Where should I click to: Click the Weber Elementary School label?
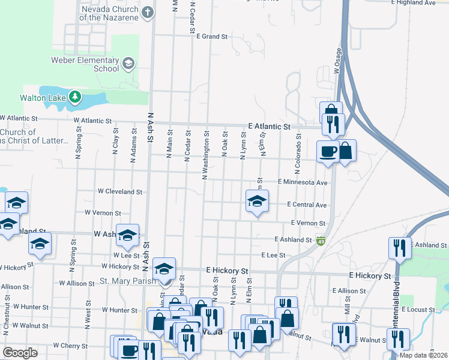pos(98,64)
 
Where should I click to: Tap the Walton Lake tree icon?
pos(74,97)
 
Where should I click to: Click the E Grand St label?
pos(212,37)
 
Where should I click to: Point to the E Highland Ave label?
pos(429,3)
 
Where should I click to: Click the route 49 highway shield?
pos(321,241)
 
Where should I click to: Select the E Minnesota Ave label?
pos(303,182)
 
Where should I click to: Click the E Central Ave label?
pos(307,205)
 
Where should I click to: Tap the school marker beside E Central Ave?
pos(257,202)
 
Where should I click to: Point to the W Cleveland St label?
pos(120,192)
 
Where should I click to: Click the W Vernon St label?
pos(103,212)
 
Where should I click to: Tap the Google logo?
pos(20,353)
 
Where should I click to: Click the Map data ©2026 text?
pos(423,355)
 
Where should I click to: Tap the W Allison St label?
pos(77,283)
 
